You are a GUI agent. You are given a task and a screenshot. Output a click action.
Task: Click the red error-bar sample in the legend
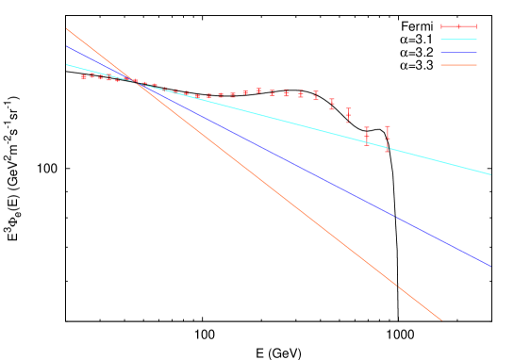(x=458, y=26)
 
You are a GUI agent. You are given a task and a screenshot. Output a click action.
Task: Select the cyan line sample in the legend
(x=458, y=40)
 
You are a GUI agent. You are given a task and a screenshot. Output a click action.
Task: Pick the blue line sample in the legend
(x=458, y=53)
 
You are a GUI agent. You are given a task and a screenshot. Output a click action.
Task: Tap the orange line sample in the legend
(x=458, y=65)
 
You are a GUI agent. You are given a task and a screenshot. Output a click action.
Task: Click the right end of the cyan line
(x=491, y=174)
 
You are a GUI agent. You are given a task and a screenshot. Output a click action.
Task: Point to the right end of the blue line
(x=491, y=267)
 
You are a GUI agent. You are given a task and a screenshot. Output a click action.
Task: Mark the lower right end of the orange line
(x=441, y=320)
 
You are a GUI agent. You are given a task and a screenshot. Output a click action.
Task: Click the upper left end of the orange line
(x=66, y=28)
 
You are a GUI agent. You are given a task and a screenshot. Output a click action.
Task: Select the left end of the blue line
(x=66, y=45)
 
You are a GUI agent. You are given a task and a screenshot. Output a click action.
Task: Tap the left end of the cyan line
(x=66, y=64)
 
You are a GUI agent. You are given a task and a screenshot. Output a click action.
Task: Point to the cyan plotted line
(x=283, y=120)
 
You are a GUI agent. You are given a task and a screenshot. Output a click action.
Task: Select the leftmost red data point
(x=84, y=77)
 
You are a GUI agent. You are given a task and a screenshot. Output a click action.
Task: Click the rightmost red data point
(x=387, y=139)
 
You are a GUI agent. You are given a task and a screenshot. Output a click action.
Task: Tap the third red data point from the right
(x=348, y=115)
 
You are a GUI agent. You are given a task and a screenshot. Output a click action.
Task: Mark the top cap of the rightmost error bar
(x=387, y=126)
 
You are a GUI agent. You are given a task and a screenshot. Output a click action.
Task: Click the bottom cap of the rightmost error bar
(x=387, y=151)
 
